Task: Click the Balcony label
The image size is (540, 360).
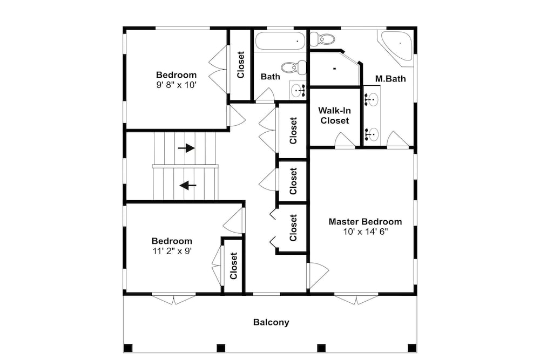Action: (x=271, y=322)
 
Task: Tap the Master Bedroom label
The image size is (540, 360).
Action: (x=365, y=222)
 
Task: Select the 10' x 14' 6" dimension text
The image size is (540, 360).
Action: (x=366, y=232)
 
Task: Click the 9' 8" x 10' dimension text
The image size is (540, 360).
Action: (x=177, y=85)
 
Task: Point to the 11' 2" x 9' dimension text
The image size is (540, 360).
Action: (x=172, y=251)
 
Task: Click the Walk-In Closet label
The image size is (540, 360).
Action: (x=334, y=116)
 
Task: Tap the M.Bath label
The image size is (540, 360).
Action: (x=390, y=79)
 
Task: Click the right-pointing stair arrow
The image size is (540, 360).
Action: (x=186, y=148)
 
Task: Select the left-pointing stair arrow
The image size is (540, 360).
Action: (x=188, y=186)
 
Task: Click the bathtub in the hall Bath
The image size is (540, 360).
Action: (x=280, y=42)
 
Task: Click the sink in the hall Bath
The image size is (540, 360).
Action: (x=298, y=90)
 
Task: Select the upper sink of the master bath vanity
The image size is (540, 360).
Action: (x=372, y=99)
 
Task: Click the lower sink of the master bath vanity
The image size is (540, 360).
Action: (x=372, y=133)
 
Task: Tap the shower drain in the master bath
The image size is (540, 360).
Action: (x=334, y=69)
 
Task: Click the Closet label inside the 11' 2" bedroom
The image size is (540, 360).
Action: (x=233, y=266)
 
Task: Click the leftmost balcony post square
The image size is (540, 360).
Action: (x=128, y=348)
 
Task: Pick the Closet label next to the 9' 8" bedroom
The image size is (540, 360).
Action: (x=240, y=65)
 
